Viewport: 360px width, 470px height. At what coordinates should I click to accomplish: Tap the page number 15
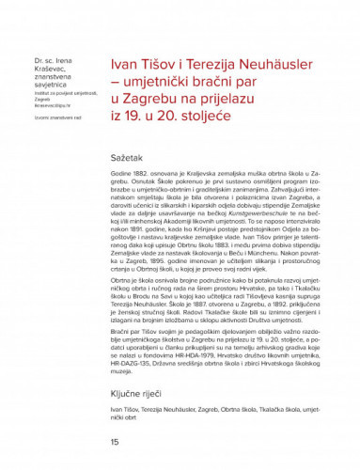point(115,441)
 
